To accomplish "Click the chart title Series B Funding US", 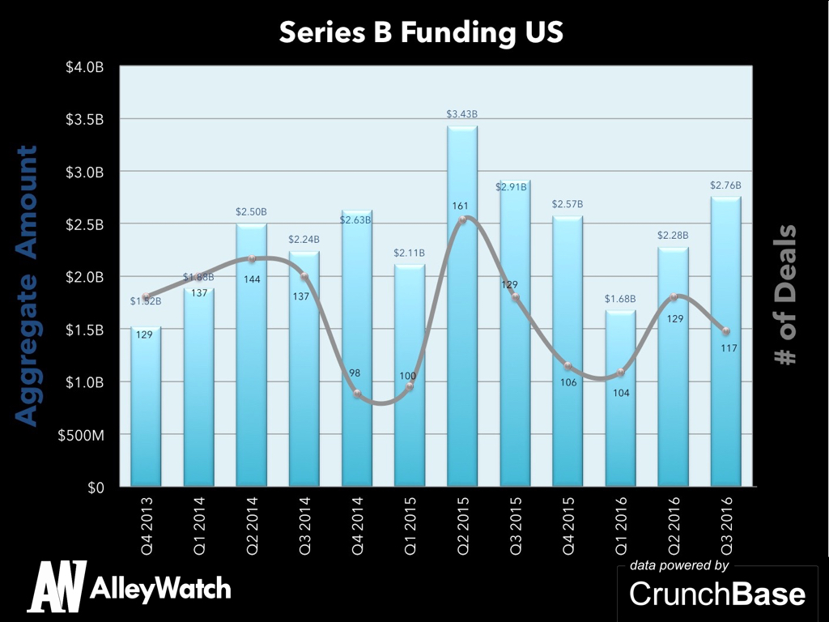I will point(421,33).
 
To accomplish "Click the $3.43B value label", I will point(462,114).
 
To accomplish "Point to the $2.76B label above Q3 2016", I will point(725,185).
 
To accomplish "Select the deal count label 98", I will point(355,373).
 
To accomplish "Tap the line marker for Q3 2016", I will point(726,331).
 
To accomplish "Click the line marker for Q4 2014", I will point(357,394).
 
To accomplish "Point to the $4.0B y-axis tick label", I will point(84,67).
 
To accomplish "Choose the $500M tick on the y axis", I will point(81,435).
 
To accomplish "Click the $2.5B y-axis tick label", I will point(84,224).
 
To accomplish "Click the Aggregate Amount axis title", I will point(28,285).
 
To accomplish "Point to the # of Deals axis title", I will point(785,295).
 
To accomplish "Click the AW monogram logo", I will point(57,586).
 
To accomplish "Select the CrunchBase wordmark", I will point(717,594).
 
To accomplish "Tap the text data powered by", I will point(679,565).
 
